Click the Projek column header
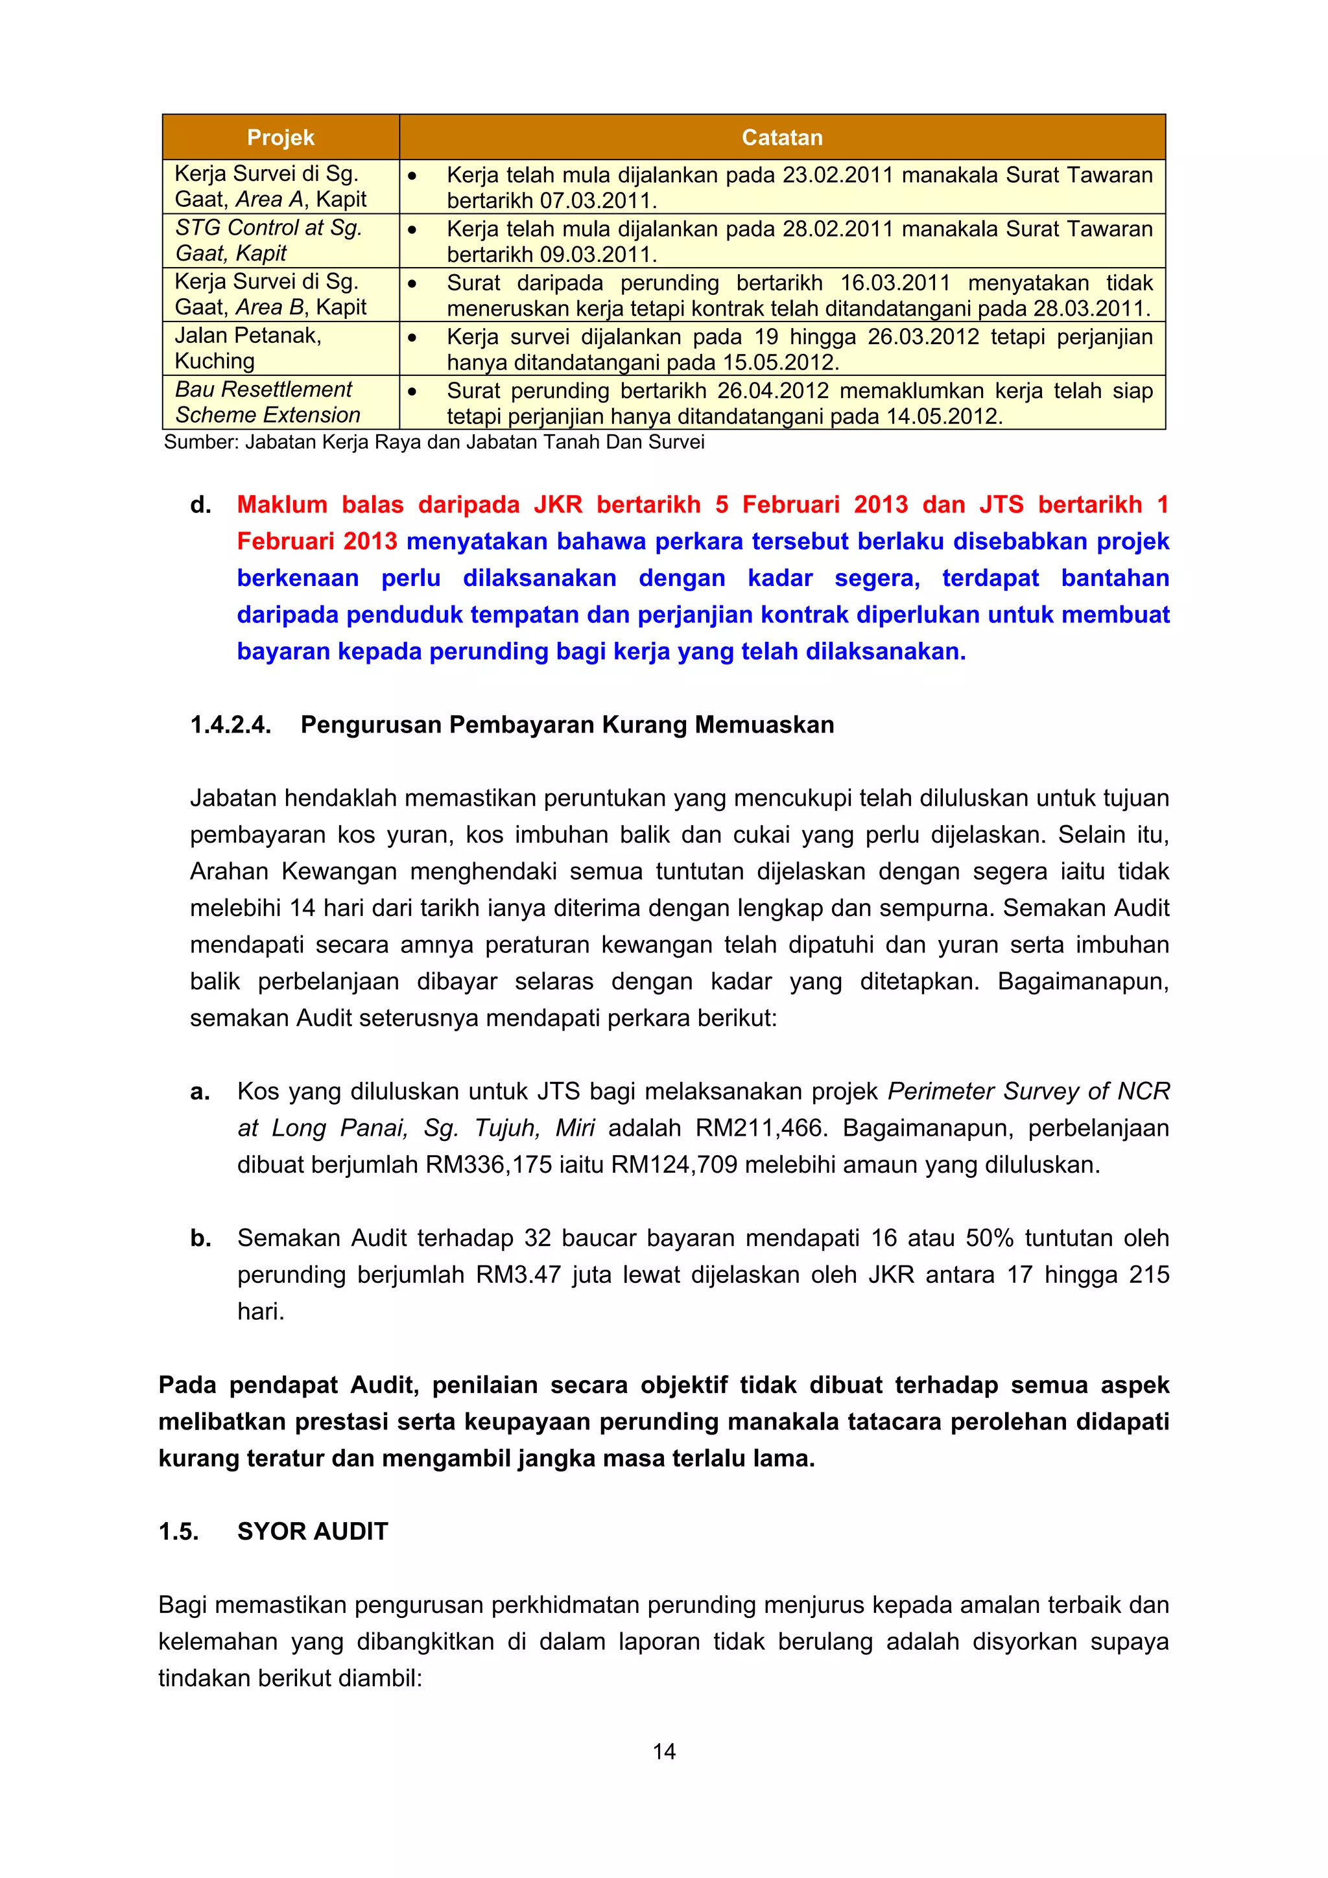point(281,137)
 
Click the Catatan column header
point(781,137)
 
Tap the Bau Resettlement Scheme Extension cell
point(268,403)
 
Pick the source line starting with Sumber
point(434,443)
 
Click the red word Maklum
point(282,505)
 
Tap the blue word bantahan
point(1115,578)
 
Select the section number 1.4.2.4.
point(230,725)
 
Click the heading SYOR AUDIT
point(313,1531)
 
